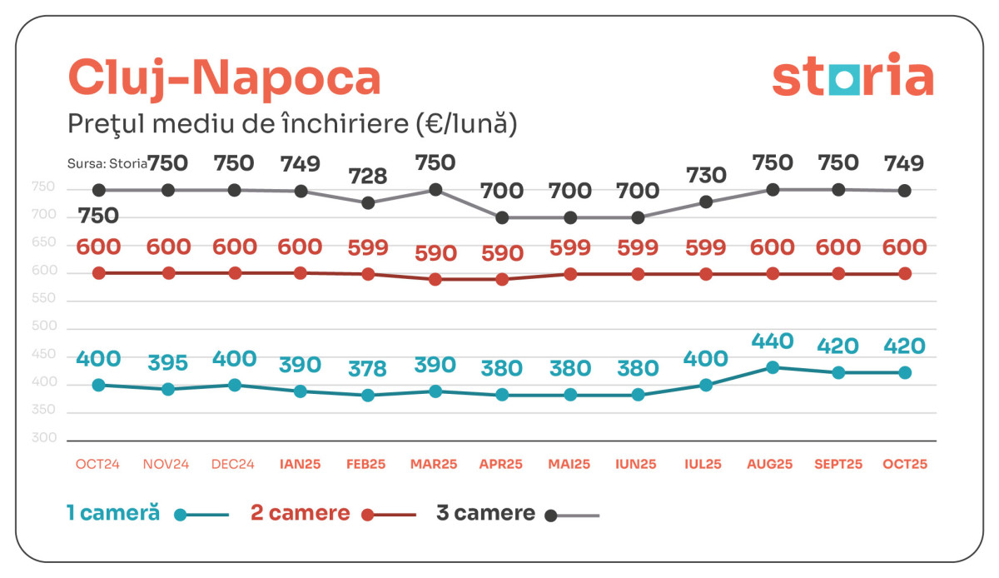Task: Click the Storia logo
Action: pos(852,76)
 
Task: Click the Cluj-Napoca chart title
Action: pos(224,77)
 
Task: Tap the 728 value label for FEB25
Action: pos(368,176)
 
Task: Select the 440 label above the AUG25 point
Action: pos(772,341)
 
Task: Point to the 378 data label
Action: pos(368,367)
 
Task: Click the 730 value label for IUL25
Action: pos(706,175)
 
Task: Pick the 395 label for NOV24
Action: pos(166,363)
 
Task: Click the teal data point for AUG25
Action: pos(773,367)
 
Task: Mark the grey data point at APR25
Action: pos(502,217)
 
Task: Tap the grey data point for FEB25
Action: pos(368,202)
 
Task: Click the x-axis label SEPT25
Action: pos(838,465)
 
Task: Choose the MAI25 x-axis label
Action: pos(570,465)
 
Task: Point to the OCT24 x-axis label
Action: pos(97,465)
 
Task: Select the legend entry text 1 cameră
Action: pos(113,513)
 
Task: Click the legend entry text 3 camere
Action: pos(485,513)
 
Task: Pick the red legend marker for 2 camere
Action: pos(367,515)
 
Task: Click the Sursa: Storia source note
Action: pos(107,164)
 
